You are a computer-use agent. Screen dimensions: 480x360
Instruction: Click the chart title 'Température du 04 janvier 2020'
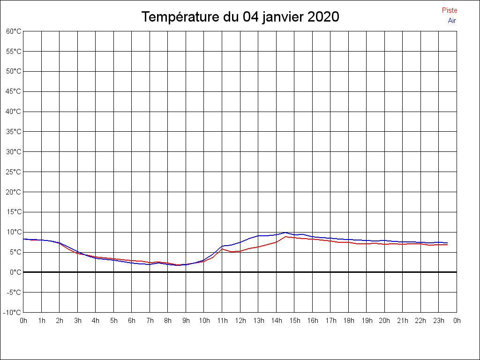tap(240, 17)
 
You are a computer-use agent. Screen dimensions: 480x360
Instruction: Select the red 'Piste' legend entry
tap(450, 10)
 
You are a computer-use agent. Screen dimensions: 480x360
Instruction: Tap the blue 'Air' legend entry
tap(452, 21)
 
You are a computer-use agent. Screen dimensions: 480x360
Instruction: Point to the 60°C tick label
tap(14, 31)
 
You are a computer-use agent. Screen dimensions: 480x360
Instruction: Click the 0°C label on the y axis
tap(15, 272)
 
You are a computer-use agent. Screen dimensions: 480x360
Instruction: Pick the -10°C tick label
tap(12, 313)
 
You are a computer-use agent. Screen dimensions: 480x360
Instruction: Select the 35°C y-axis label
tap(14, 132)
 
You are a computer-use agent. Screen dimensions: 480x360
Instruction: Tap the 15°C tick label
tap(14, 212)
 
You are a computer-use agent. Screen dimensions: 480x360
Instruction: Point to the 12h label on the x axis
tap(240, 321)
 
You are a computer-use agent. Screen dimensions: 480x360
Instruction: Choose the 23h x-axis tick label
tap(439, 321)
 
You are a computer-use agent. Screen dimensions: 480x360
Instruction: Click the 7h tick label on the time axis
tap(150, 321)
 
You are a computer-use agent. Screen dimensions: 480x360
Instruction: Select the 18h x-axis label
tap(349, 321)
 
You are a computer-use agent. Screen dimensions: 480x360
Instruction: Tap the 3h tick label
tap(78, 321)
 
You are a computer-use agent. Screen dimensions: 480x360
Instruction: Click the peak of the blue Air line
tap(285, 232)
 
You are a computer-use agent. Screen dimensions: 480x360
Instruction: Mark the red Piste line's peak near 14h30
tap(285, 237)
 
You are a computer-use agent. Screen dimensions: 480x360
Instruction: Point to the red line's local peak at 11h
tap(222, 249)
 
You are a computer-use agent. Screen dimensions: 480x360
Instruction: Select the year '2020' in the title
tap(323, 17)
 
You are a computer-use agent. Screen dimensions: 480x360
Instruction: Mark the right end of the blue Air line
tap(448, 243)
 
